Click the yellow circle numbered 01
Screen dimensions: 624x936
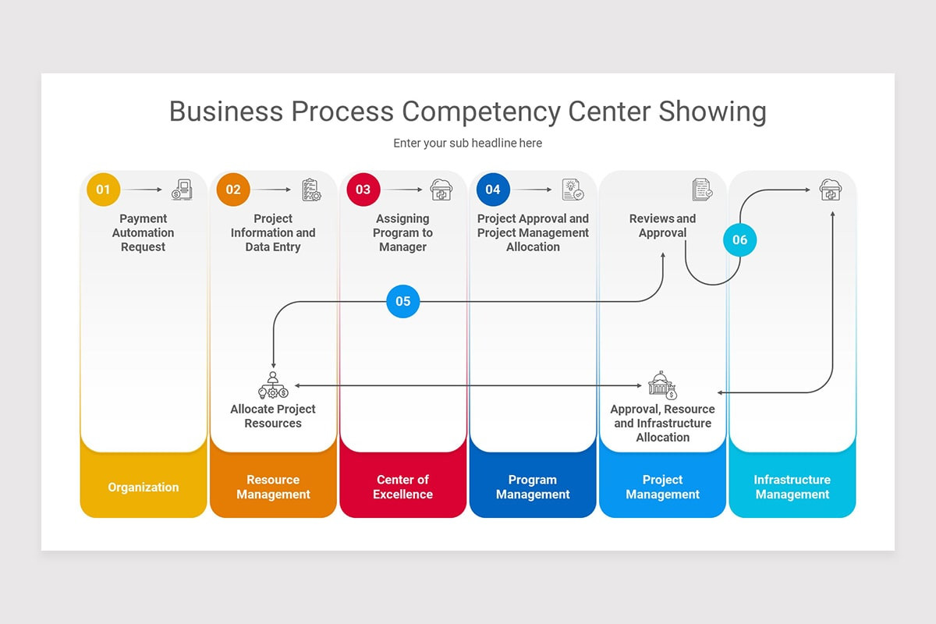pyautogui.click(x=104, y=190)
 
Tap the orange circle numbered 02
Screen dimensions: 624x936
pyautogui.click(x=233, y=190)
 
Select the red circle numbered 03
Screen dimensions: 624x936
pyautogui.click(x=363, y=190)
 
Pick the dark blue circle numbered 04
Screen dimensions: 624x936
pyautogui.click(x=493, y=190)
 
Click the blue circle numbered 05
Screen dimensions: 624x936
pyautogui.click(x=402, y=301)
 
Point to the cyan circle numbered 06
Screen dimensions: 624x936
pyautogui.click(x=739, y=239)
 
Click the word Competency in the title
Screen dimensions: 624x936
pyautogui.click(x=480, y=112)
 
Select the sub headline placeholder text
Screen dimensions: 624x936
pyautogui.click(x=467, y=144)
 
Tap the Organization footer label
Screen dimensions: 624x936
pyautogui.click(x=144, y=487)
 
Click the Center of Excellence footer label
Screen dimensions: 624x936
pyautogui.click(x=402, y=487)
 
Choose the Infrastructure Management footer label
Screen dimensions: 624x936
pyautogui.click(x=792, y=487)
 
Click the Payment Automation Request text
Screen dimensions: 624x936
pyautogui.click(x=144, y=232)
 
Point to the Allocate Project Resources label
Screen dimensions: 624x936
pyautogui.click(x=273, y=416)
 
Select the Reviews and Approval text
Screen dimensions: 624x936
pyautogui.click(x=662, y=225)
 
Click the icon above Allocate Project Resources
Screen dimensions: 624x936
pyautogui.click(x=273, y=385)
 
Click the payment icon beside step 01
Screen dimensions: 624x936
pyautogui.click(x=182, y=190)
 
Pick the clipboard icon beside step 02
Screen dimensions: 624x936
pyautogui.click(x=311, y=190)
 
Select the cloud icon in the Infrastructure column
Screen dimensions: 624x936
pyautogui.click(x=830, y=190)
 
